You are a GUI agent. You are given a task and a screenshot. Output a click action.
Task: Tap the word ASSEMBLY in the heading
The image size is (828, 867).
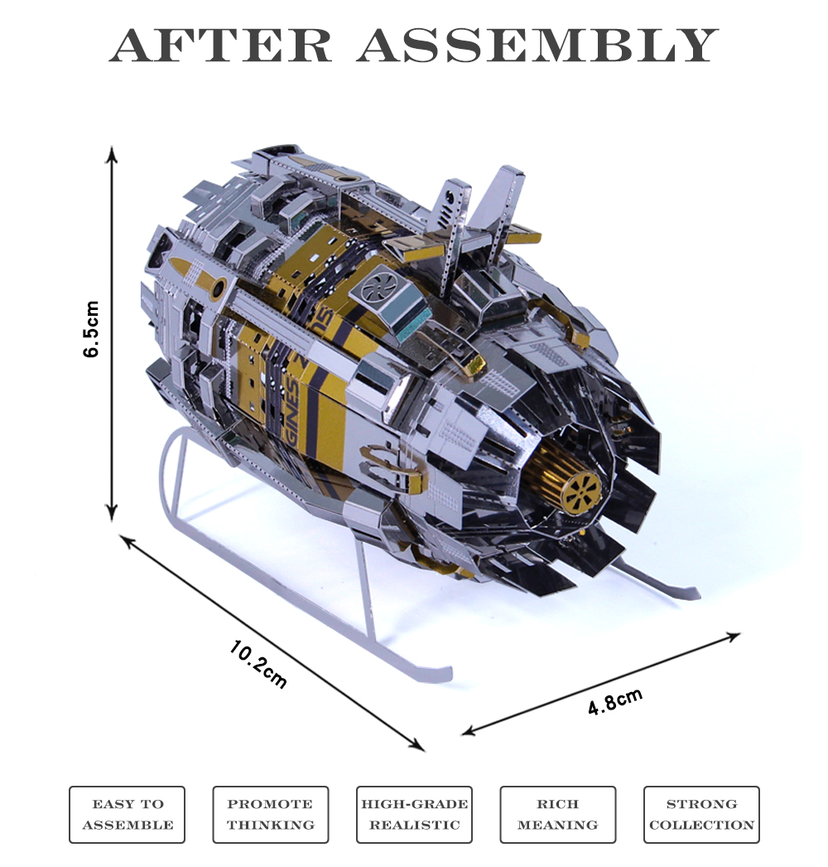(x=537, y=46)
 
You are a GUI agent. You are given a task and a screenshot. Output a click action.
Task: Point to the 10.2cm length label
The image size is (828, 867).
(x=258, y=663)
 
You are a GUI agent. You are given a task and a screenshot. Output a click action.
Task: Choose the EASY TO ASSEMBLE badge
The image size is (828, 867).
(x=128, y=815)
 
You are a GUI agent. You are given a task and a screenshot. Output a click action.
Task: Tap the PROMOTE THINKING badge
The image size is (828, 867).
(x=271, y=815)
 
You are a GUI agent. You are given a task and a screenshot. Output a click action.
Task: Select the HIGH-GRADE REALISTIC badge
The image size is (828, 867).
(x=414, y=815)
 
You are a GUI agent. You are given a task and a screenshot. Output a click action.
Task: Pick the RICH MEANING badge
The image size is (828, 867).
(x=557, y=815)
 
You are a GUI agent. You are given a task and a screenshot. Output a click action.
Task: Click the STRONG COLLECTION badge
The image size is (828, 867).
(x=701, y=815)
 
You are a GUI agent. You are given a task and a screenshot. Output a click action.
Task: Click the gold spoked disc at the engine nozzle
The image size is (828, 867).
(x=581, y=492)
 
